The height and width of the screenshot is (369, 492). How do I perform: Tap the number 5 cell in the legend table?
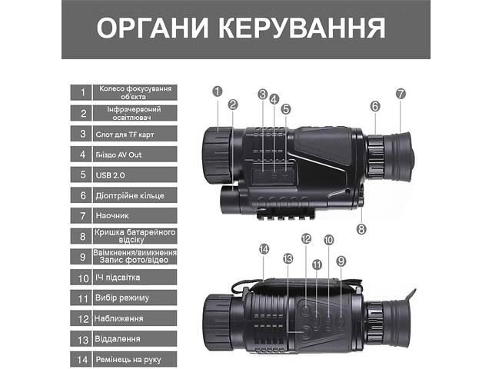(x=81, y=175)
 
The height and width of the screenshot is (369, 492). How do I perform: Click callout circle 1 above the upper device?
(x=217, y=91)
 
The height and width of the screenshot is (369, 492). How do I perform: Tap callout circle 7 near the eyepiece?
(x=401, y=94)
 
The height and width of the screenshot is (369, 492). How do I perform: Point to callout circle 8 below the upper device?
(x=362, y=228)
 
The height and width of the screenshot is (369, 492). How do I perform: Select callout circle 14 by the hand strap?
(x=264, y=249)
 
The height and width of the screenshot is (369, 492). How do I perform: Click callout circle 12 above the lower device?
(x=306, y=239)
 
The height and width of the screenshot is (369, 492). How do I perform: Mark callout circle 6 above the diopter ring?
(x=375, y=106)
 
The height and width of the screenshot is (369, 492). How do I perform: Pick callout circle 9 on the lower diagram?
(x=341, y=261)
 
